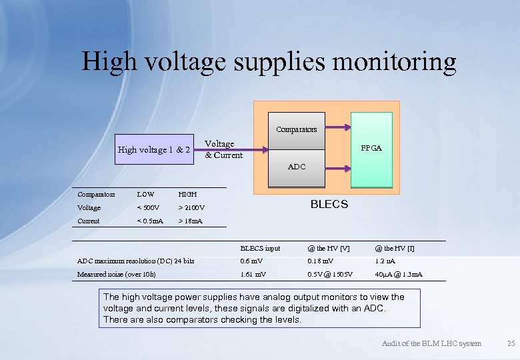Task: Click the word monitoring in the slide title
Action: click(389, 61)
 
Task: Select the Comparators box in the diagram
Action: click(297, 129)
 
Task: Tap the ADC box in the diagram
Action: click(297, 167)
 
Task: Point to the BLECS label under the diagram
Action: click(329, 204)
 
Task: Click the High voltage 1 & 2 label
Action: click(154, 149)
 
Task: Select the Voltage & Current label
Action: click(223, 149)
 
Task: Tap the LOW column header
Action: click(145, 195)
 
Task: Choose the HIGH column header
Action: click(187, 195)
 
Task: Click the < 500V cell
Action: click(147, 208)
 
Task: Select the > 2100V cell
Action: click(191, 208)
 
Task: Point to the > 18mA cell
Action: click(190, 221)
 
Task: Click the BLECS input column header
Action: click(260, 248)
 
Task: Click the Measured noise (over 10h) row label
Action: click(116, 275)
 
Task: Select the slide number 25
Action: click(511, 343)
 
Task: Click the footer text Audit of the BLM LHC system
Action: click(431, 343)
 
